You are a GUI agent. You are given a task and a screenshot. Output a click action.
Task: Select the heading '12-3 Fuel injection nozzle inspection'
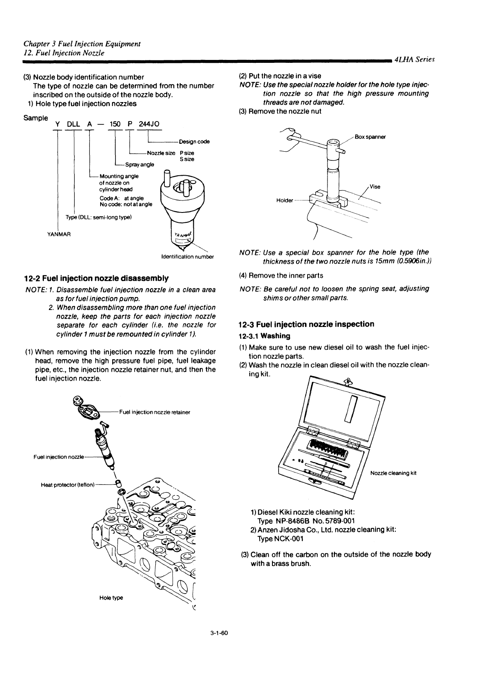pos(306,324)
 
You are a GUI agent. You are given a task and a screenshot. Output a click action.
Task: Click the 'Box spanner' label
pos(370,137)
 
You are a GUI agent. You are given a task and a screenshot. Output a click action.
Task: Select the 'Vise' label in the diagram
pos(375,186)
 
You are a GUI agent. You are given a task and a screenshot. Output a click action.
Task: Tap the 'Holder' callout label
pos(284,200)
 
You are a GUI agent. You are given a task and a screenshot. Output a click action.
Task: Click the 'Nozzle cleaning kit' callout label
pos(393,473)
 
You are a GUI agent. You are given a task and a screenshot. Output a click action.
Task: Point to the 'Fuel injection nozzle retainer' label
pos(154,412)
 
